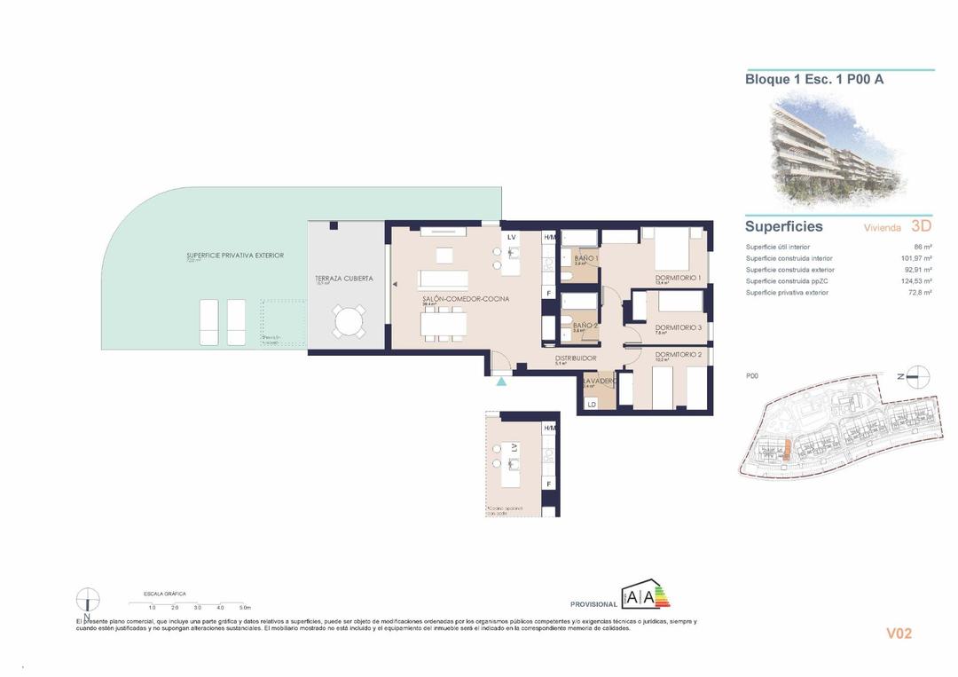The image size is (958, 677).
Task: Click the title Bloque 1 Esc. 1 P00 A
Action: coord(813,79)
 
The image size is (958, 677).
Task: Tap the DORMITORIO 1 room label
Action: coord(679,278)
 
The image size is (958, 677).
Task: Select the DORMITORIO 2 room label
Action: coord(679,355)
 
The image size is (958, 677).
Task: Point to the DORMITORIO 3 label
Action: coord(679,328)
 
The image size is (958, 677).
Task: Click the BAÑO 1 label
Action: coord(586,258)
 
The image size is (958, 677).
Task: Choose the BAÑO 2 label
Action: coord(585,326)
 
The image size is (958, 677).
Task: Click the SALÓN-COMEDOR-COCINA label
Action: coord(466,299)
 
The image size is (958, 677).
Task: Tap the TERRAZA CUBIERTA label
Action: coord(343,279)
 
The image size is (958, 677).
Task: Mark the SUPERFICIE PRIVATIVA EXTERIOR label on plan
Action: coord(235,256)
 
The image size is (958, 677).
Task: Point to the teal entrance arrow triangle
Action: coord(502,382)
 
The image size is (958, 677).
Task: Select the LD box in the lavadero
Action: coord(592,405)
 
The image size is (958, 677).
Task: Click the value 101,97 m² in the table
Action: coord(915,258)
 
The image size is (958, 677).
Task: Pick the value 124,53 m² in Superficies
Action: coord(915,281)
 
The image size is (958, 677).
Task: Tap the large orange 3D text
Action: coord(922,226)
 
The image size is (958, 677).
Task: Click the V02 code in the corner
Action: coord(899,634)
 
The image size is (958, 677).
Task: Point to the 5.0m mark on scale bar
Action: coord(245,607)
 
